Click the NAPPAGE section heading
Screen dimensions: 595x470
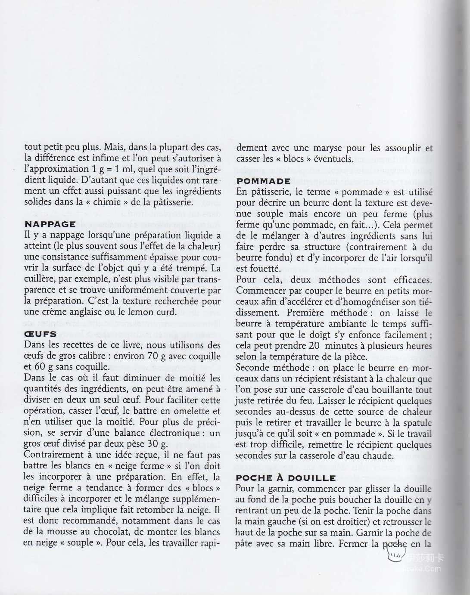pyautogui.click(x=50, y=224)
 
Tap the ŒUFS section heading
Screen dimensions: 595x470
pyautogui.click(x=40, y=334)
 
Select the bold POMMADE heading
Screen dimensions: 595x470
pyautogui.click(x=264, y=181)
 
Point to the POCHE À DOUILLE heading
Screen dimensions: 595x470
pyautogui.click(x=286, y=478)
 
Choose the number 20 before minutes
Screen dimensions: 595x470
pyautogui.click(x=314, y=346)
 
